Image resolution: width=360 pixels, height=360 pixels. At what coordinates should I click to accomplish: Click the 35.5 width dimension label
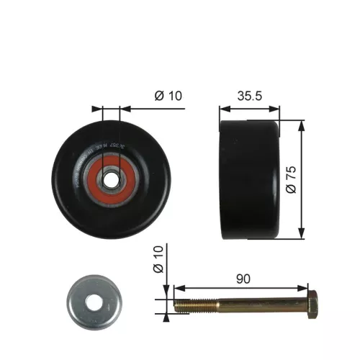250,95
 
